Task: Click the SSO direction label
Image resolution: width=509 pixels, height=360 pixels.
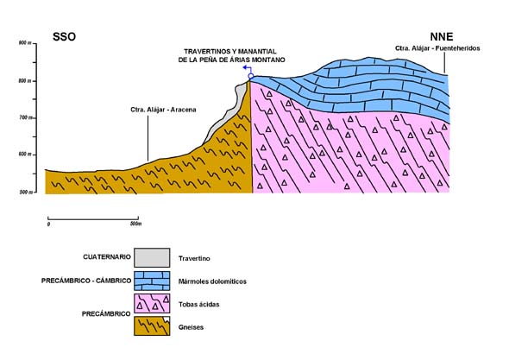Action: (x=65, y=37)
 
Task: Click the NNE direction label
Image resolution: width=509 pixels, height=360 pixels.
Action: (x=442, y=36)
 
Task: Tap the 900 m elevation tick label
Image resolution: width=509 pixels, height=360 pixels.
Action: (x=25, y=43)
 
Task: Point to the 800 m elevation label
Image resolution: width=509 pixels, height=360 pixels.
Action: (x=25, y=81)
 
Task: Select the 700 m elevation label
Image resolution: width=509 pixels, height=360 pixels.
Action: (x=25, y=117)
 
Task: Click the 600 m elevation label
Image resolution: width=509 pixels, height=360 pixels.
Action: (x=25, y=155)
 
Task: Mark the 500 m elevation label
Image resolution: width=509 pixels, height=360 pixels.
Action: (x=26, y=192)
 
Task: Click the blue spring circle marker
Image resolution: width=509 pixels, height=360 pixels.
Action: (x=250, y=76)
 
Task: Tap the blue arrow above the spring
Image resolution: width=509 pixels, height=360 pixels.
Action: (x=248, y=69)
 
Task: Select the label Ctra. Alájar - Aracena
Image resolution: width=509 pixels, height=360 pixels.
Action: (x=163, y=110)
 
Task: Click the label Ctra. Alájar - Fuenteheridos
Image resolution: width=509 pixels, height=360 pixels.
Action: (x=437, y=48)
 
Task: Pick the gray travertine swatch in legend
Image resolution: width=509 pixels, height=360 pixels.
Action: (x=152, y=258)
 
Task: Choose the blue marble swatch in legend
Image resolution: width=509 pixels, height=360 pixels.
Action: (x=152, y=281)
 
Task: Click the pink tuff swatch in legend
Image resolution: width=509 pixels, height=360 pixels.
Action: (x=152, y=304)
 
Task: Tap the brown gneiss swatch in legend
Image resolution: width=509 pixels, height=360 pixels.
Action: (x=152, y=325)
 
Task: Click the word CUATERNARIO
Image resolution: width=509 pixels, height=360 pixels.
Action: (x=107, y=257)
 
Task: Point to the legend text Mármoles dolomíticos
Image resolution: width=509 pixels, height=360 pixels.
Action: (x=212, y=281)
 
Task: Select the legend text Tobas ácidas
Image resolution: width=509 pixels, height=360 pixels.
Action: (x=198, y=305)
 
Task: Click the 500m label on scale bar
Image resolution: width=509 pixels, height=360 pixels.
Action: (x=136, y=224)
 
